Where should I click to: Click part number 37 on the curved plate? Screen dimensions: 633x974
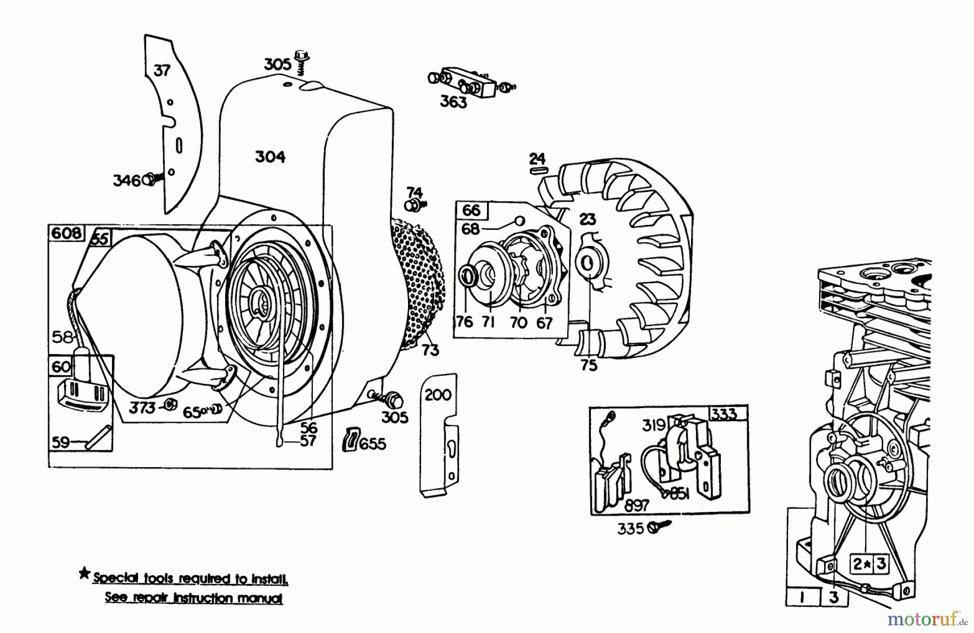click(x=162, y=70)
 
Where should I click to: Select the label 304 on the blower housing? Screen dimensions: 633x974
click(x=270, y=157)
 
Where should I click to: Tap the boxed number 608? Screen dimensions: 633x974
click(x=67, y=233)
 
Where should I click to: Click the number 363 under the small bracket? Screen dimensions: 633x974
click(x=453, y=102)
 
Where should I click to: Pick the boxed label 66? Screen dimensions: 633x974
click(x=471, y=210)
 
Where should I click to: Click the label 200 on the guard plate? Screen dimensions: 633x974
click(x=438, y=395)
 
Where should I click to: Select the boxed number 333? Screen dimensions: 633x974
click(x=724, y=414)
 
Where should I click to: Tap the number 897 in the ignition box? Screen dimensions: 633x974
click(x=636, y=505)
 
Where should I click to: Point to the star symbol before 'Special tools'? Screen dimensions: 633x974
click(x=84, y=574)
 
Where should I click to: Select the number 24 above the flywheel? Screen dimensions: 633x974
click(x=537, y=158)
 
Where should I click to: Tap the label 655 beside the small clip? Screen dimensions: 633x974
click(x=373, y=444)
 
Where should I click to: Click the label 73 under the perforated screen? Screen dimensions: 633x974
click(x=430, y=350)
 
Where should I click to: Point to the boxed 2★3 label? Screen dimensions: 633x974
click(x=869, y=564)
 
